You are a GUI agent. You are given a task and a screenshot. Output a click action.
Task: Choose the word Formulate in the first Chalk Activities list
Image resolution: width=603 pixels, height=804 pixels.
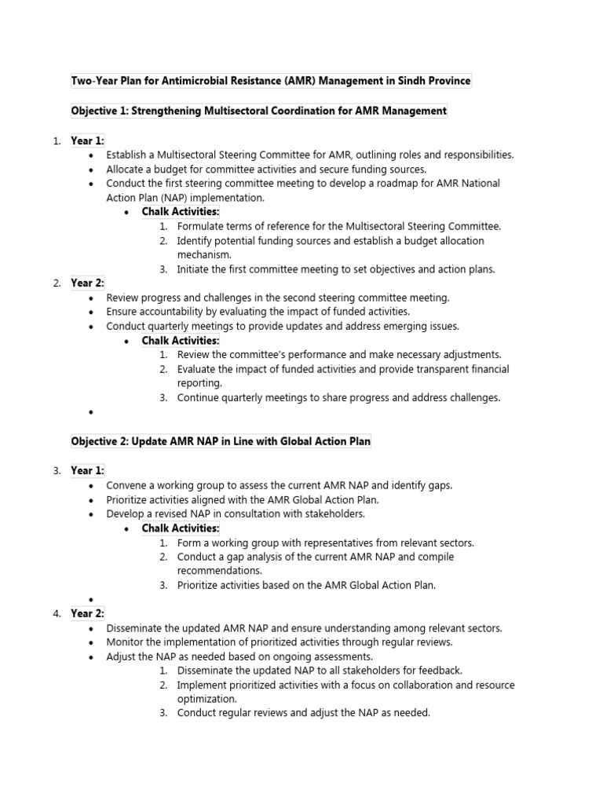pyautogui.click(x=202, y=226)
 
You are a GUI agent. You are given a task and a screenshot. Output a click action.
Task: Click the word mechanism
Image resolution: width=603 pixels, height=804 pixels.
pyautogui.click(x=206, y=254)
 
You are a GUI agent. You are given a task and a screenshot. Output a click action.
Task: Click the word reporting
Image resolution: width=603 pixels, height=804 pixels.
pyautogui.click(x=199, y=383)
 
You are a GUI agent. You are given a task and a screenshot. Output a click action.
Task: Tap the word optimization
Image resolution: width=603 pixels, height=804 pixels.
pyautogui.click(x=206, y=699)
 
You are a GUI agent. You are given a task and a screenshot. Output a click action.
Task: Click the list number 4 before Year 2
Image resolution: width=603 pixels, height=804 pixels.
pyautogui.click(x=57, y=614)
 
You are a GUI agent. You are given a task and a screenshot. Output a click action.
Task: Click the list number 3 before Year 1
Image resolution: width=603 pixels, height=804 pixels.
pyautogui.click(x=57, y=471)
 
